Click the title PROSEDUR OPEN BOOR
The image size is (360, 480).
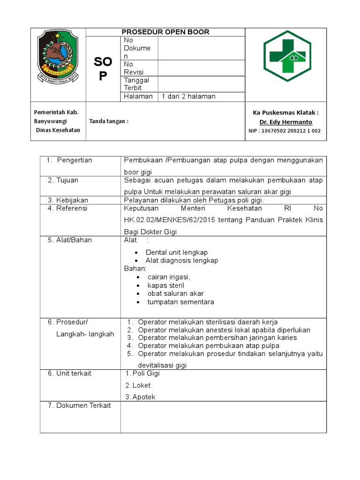coord(165,32)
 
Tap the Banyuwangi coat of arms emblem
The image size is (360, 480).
coord(58,56)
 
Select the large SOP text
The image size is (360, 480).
coord(103,69)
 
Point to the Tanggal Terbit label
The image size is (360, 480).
coord(136,84)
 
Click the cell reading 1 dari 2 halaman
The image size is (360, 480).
coord(188,96)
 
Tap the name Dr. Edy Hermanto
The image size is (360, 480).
coord(285,122)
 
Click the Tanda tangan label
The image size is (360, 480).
coord(109,121)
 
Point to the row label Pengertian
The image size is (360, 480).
coord(75,160)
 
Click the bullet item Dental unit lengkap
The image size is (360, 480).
coord(177,252)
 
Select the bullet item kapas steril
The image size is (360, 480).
coord(165,285)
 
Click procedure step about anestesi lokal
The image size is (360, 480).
coord(224,330)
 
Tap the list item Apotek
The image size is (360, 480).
coord(143,397)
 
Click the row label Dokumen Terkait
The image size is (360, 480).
coord(79,405)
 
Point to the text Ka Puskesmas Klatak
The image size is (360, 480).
coord(285,112)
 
